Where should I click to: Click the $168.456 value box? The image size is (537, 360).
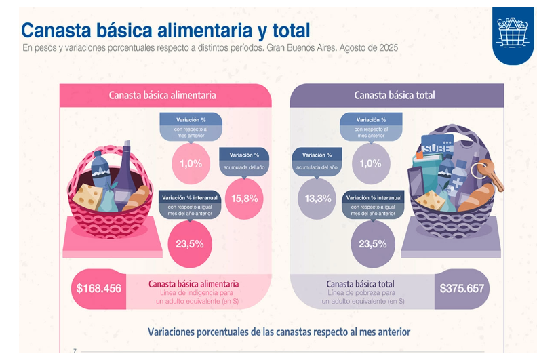(x=99, y=288)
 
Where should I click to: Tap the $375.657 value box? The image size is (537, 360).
(x=462, y=288)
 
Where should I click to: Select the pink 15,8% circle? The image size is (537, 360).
(x=245, y=198)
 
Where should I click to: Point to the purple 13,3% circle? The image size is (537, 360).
(x=318, y=198)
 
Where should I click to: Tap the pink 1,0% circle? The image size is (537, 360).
(x=191, y=163)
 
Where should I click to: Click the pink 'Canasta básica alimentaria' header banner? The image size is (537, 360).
(x=163, y=95)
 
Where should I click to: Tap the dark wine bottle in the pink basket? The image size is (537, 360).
(x=124, y=174)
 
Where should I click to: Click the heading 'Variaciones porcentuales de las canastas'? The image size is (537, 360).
(x=279, y=332)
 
